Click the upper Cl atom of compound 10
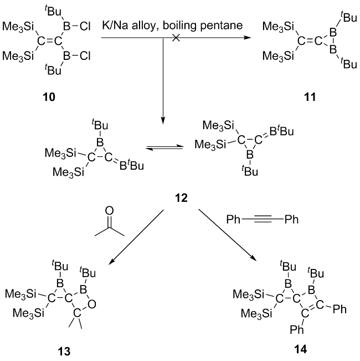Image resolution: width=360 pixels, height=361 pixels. point(87,26)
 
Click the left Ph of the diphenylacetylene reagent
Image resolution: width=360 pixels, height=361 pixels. point(233,220)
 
